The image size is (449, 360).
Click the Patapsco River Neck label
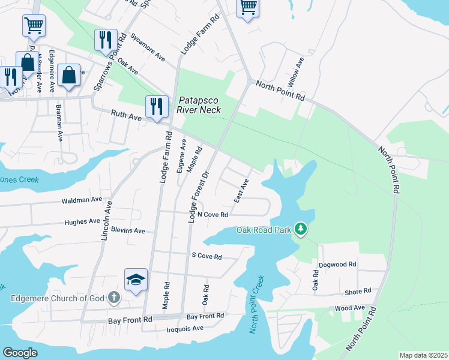pyautogui.click(x=199, y=105)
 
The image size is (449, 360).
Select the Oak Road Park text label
pyautogui.click(x=264, y=230)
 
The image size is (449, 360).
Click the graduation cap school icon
pyautogui.click(x=136, y=280)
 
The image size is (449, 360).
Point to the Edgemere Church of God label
pyautogui.click(x=56, y=298)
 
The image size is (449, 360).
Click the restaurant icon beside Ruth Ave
pyautogui.click(x=156, y=107)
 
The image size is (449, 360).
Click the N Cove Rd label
pyautogui.click(x=213, y=215)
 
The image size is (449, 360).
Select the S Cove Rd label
pyautogui.click(x=206, y=257)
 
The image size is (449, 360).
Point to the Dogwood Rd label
pyautogui.click(x=338, y=263)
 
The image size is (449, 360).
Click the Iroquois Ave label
pyautogui.click(x=185, y=328)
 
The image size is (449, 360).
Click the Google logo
pyautogui.click(x=20, y=353)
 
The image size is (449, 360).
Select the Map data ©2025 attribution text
pyautogui.click(x=423, y=355)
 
